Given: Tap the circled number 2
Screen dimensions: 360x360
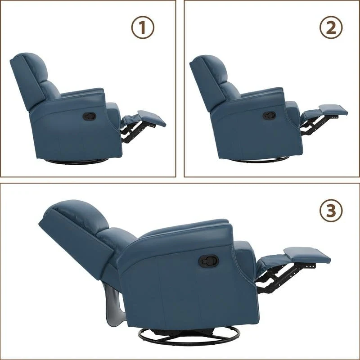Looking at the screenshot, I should (331, 28).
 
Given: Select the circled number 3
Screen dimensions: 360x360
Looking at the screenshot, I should (331, 210).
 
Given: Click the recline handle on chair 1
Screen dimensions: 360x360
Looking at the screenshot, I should (89, 116).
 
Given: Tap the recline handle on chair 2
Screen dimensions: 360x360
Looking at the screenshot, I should (269, 116).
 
